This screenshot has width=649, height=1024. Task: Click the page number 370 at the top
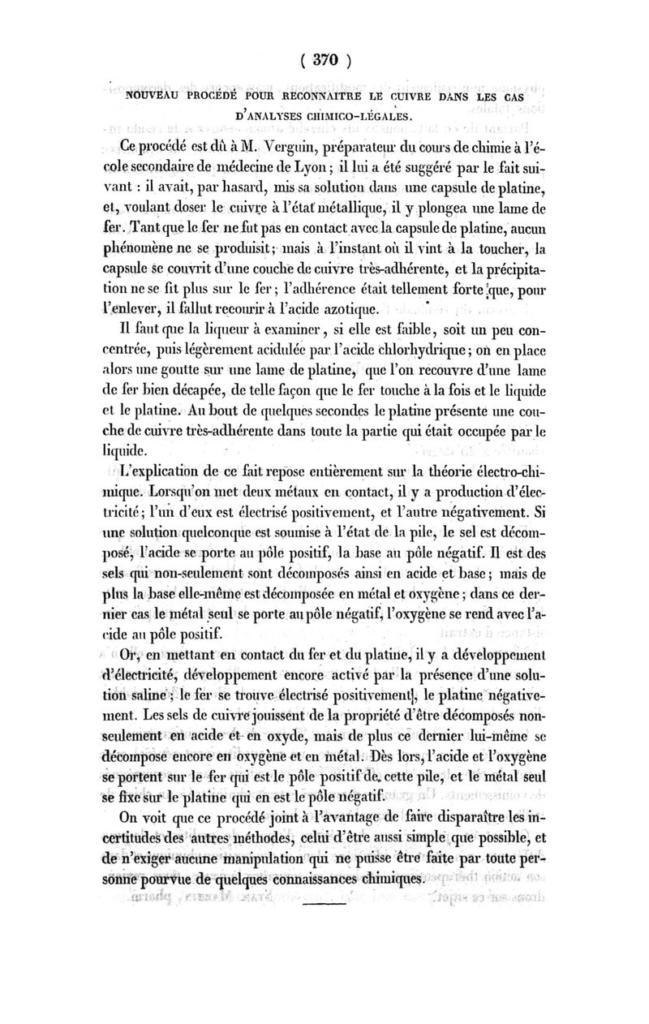pos(324,62)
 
